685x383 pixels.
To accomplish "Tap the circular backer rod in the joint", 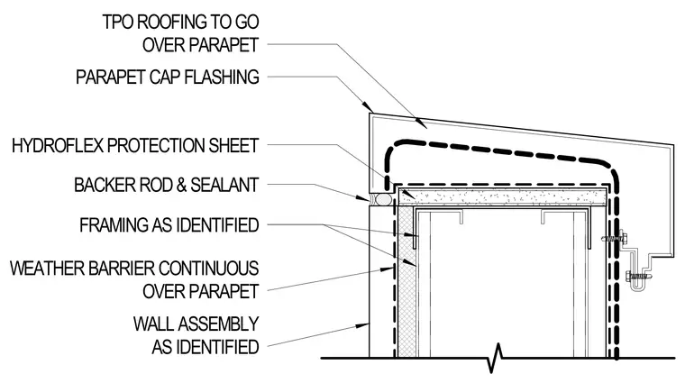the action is click(383, 199).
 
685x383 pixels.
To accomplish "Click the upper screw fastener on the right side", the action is click(615, 239).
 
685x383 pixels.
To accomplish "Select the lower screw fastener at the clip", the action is click(637, 276).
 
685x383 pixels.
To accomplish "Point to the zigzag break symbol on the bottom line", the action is click(496, 357).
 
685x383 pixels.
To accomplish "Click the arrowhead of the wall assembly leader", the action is click(363, 325).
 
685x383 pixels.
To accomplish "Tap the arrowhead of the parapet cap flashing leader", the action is click(368, 107).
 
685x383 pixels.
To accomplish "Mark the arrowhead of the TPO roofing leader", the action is click(421, 123).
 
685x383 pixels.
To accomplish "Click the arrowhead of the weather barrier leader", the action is click(388, 269).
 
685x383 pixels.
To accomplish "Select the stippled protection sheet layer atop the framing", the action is click(503, 198).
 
